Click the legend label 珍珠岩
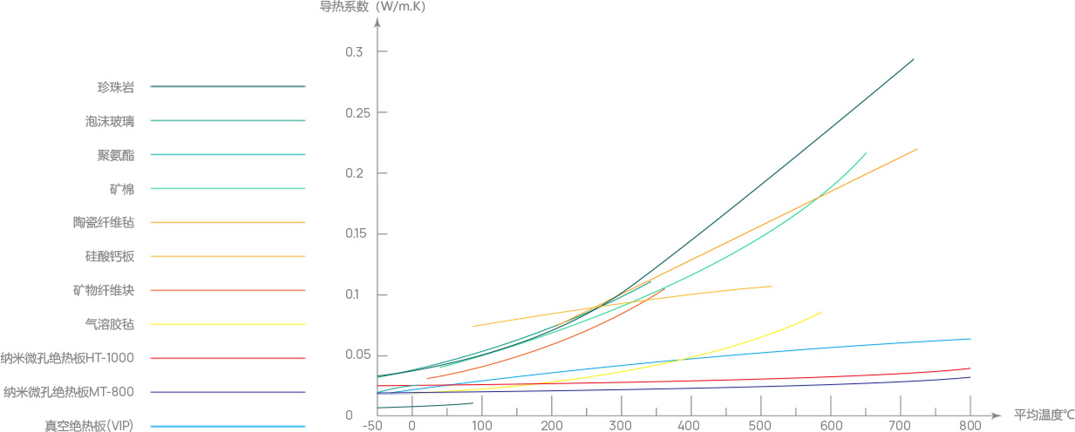(x=115, y=87)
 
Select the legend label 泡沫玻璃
(x=110, y=121)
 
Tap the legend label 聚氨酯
(x=115, y=155)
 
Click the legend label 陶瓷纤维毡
(x=104, y=222)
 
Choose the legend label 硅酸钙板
(x=104, y=256)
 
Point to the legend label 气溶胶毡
(x=104, y=324)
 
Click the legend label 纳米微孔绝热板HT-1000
(x=67, y=358)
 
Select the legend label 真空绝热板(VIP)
(x=88, y=426)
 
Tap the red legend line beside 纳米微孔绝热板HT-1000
(x=228, y=358)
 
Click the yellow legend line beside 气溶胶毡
(x=228, y=324)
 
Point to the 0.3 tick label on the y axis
(x=353, y=52)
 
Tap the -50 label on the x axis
(x=374, y=426)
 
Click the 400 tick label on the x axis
(x=691, y=426)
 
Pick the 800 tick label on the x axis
(x=970, y=426)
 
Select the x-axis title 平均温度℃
(x=1044, y=415)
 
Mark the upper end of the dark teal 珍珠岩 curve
(x=913, y=59)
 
